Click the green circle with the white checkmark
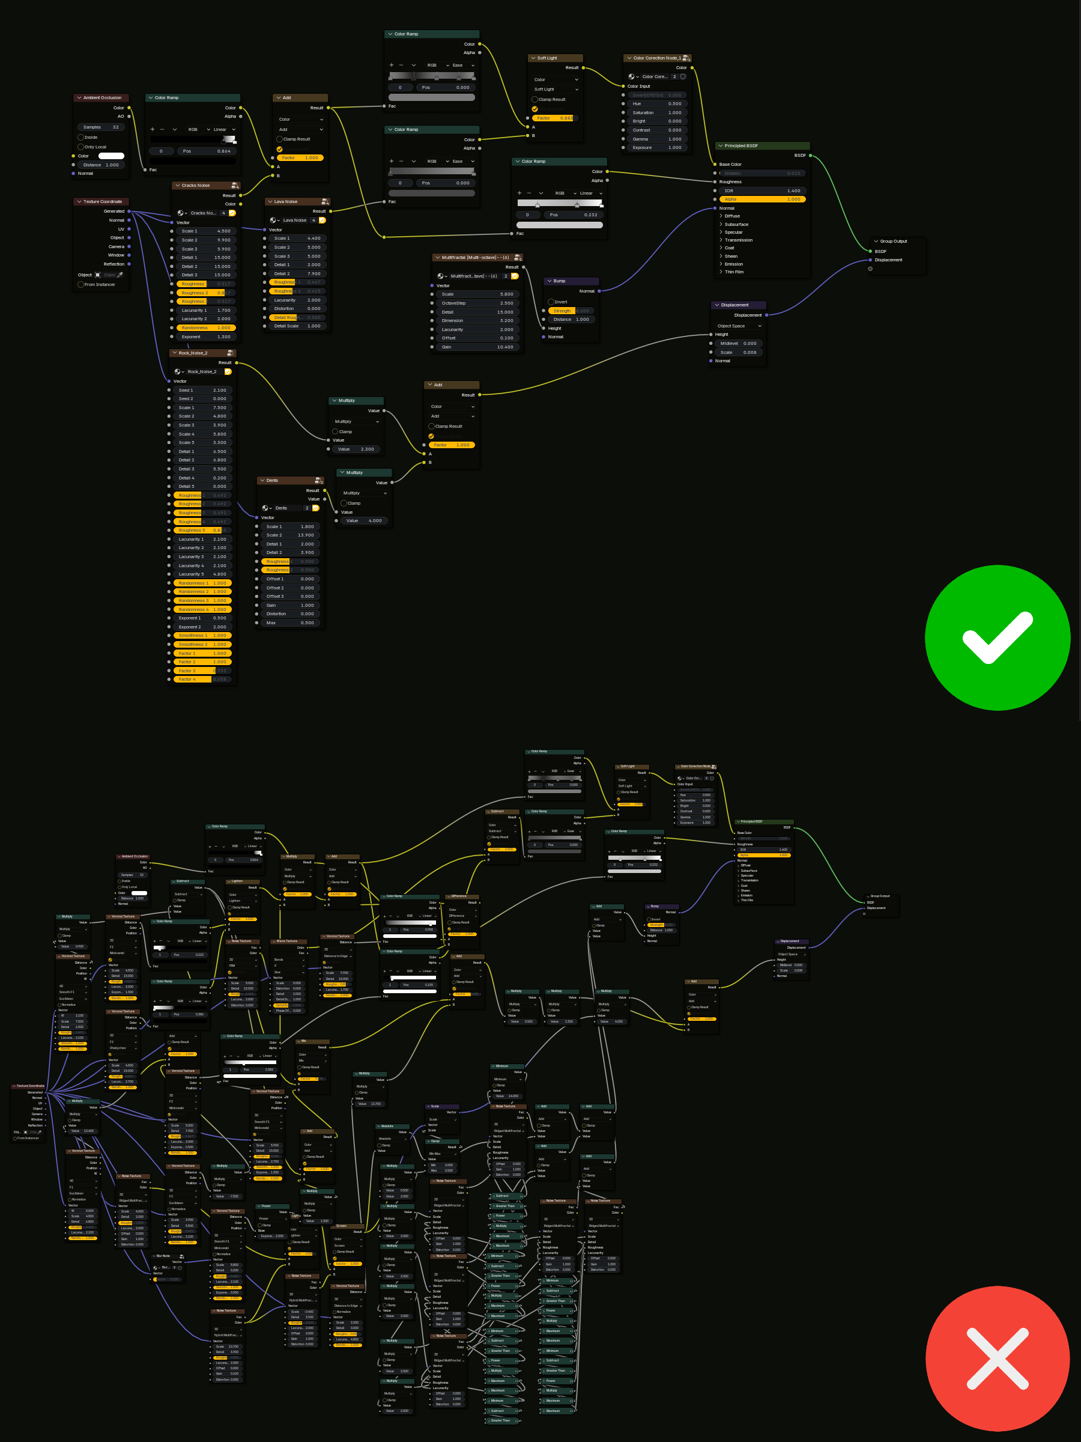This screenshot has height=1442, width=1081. point(997,637)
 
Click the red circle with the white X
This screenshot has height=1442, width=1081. point(997,1358)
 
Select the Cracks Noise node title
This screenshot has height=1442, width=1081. point(195,186)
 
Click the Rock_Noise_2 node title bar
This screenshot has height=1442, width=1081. point(193,353)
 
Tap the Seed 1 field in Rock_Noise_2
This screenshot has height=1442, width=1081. point(202,391)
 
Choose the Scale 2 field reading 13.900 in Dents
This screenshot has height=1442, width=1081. point(289,535)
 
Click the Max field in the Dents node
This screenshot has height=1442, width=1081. point(289,622)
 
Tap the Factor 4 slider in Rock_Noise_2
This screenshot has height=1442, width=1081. point(202,680)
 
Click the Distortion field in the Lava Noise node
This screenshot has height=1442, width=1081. point(297,309)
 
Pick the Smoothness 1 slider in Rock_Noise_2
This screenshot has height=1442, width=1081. point(202,636)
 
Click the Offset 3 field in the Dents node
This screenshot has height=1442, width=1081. point(289,597)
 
